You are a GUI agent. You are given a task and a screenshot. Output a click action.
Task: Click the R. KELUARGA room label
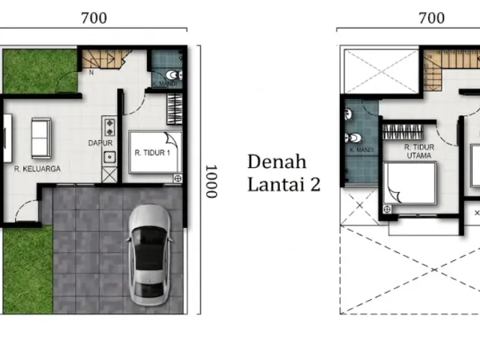tap(37, 169)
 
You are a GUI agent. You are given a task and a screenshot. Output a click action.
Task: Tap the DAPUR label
tap(100, 143)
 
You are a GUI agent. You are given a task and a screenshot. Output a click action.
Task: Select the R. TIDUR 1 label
tap(152, 152)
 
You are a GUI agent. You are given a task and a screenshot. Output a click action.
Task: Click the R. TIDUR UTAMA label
tap(419, 151)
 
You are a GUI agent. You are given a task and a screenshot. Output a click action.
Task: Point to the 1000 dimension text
tap(211, 181)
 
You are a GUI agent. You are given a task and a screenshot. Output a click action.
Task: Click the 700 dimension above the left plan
tap(94, 18)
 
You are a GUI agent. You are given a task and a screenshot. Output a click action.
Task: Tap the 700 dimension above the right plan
tap(432, 18)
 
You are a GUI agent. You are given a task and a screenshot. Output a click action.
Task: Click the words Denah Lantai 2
tap(283, 173)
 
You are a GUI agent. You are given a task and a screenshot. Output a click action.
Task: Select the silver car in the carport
tap(149, 255)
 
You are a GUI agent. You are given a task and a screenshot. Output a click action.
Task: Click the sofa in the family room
tap(41, 138)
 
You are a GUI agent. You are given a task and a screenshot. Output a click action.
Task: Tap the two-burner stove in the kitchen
tap(109, 127)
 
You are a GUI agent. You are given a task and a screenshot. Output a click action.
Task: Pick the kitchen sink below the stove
tap(109, 157)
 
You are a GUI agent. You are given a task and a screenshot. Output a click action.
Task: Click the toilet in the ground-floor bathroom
tap(173, 75)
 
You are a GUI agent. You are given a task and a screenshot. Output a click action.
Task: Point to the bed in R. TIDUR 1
tap(155, 152)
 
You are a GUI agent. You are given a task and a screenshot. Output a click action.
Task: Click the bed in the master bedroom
tap(410, 183)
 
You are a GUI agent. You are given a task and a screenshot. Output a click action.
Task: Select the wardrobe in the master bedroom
tap(403, 132)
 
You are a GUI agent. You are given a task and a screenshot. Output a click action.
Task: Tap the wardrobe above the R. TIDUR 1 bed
tap(175, 109)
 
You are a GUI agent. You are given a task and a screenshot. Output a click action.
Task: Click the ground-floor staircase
tap(105, 58)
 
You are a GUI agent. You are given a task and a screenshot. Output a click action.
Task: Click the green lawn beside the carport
tap(28, 269)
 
